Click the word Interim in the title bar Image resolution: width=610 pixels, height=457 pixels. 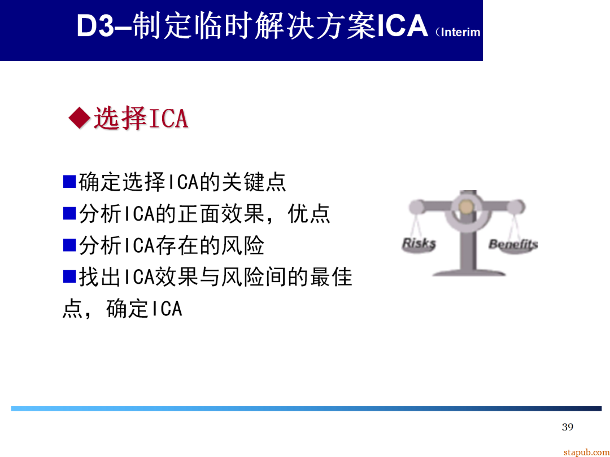click(x=460, y=32)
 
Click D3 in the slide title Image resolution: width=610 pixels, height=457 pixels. click(x=95, y=27)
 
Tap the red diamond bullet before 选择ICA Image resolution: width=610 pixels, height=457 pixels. click(x=79, y=118)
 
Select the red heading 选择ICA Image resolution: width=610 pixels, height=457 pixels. click(x=140, y=118)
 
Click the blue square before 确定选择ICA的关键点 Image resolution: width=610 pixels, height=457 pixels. click(x=69, y=182)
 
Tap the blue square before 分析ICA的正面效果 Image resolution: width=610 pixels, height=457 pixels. click(x=69, y=213)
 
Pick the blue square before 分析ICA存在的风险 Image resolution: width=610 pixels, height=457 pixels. click(x=69, y=245)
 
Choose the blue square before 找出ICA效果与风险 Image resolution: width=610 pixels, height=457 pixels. click(x=69, y=276)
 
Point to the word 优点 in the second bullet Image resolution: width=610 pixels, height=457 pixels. click(x=309, y=214)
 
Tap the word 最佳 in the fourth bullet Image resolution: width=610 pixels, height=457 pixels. click(x=331, y=277)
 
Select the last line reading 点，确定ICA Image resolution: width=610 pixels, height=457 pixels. click(x=122, y=309)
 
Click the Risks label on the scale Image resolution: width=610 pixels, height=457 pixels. click(x=419, y=244)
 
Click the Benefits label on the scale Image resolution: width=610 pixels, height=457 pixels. click(x=513, y=244)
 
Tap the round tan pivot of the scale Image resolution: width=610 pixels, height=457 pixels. click(x=466, y=207)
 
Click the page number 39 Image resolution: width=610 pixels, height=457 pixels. click(x=568, y=427)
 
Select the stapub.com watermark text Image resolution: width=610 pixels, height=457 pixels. click(x=586, y=452)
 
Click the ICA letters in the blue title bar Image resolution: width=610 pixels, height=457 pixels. click(x=402, y=27)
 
